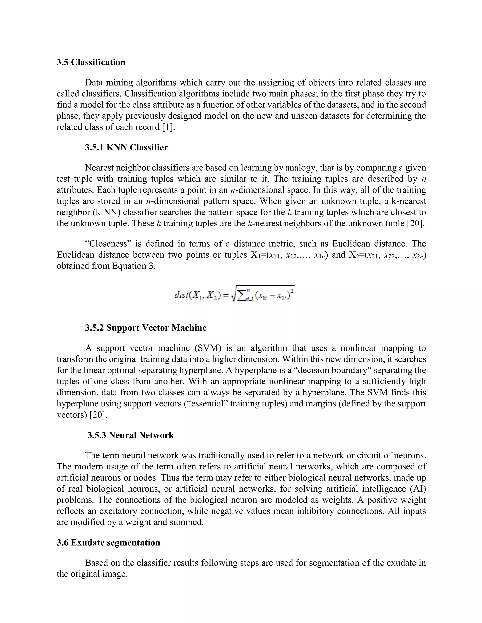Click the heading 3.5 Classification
(91, 63)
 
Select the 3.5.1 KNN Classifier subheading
(126, 147)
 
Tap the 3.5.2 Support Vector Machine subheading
(146, 327)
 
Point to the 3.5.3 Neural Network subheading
(130, 435)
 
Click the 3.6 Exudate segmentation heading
(108, 542)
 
